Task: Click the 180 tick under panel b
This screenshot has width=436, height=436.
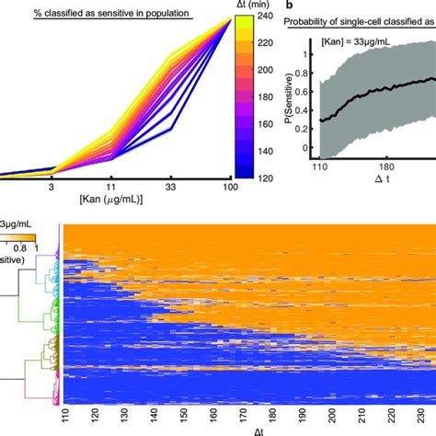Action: tap(384, 193)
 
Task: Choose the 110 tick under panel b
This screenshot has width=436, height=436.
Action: tap(320, 193)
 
